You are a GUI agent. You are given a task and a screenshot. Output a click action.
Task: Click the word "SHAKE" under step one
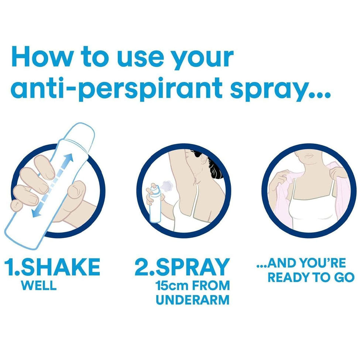click(x=61, y=267)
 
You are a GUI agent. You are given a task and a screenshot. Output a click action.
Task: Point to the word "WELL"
click(x=38, y=285)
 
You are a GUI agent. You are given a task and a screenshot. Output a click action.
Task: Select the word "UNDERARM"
click(x=193, y=300)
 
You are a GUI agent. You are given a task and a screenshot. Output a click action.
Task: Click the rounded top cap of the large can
click(x=80, y=133)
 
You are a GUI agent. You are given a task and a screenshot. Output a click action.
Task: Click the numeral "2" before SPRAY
click(x=141, y=267)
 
